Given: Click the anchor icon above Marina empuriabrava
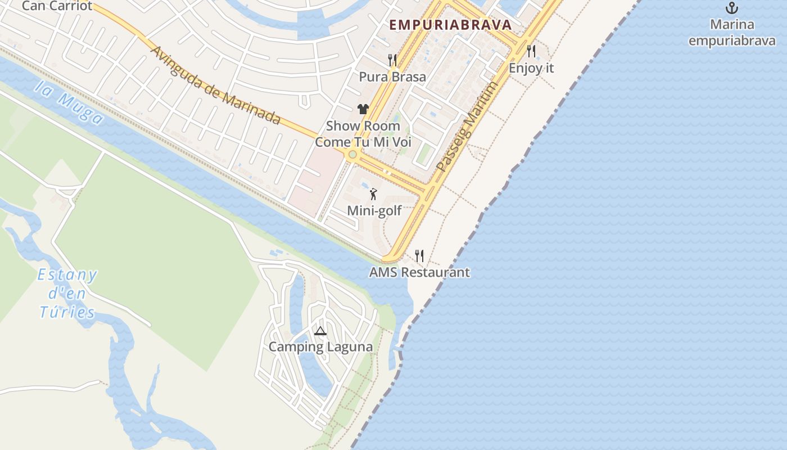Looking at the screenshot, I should tap(731, 8).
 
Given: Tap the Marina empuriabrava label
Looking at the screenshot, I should tap(731, 33).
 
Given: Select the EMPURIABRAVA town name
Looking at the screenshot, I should tap(450, 25).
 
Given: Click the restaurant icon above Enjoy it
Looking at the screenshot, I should tap(531, 51).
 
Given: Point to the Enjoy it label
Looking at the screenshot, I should tap(531, 68).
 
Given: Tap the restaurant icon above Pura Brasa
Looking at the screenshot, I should tap(392, 60).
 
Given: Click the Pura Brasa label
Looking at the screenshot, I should tap(392, 76).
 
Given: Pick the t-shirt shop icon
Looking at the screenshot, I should tap(363, 109).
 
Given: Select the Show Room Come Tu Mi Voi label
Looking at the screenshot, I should tap(363, 134).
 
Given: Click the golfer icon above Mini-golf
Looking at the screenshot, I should tap(373, 195).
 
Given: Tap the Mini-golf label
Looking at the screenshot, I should tap(374, 211).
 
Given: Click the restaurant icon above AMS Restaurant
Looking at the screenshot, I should tap(419, 256).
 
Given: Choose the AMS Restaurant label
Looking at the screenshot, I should tap(419, 273).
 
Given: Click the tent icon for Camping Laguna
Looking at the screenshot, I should tap(320, 331).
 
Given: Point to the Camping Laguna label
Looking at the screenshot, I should tap(320, 346).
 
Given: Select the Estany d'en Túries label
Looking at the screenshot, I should tap(67, 294).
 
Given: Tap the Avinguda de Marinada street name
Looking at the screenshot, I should tap(215, 84).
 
